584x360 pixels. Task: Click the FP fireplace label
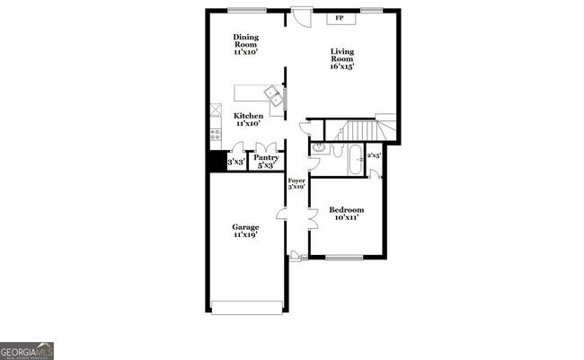340,18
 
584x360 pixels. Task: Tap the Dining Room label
246,44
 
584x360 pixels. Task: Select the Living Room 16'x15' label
343,58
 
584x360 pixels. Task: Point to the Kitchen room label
249,119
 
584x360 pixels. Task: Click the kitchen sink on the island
271,92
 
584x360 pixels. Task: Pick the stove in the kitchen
216,134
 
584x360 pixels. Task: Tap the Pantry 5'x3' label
267,162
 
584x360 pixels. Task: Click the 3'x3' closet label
236,162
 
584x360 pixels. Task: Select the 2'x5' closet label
374,156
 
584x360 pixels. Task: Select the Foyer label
296,184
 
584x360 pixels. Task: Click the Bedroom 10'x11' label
347,214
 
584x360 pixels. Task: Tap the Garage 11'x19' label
246,231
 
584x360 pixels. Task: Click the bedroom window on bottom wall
343,258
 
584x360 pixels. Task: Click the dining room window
246,10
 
